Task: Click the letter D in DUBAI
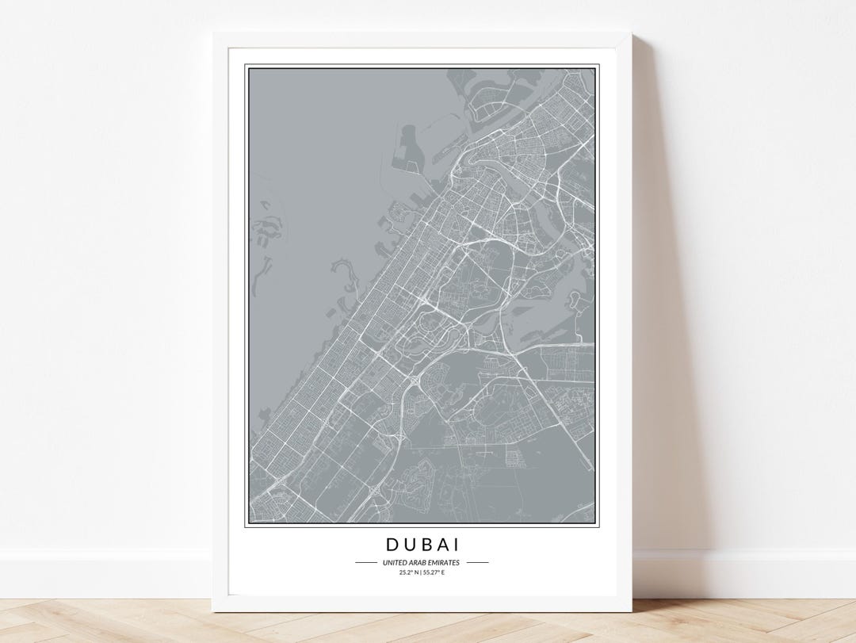click(392, 545)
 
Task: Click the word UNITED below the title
click(394, 563)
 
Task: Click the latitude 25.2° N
click(410, 572)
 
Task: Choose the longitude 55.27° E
click(433, 572)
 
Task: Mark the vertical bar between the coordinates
click(421, 572)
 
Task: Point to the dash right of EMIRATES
click(477, 563)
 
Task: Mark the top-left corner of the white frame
click(213, 33)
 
